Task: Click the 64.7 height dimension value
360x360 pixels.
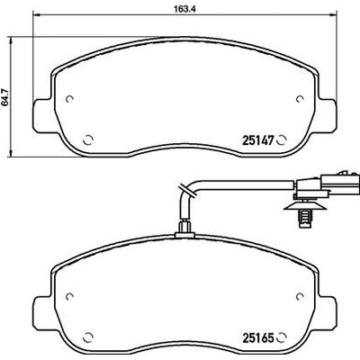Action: (5, 96)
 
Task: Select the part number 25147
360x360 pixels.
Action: (258, 140)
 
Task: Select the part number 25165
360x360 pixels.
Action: (258, 338)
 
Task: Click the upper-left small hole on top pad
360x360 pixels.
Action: (69, 99)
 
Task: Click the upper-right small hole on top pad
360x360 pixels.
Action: (300, 99)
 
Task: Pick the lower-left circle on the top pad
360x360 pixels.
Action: (88, 139)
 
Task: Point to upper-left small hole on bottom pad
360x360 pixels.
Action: (69, 296)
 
